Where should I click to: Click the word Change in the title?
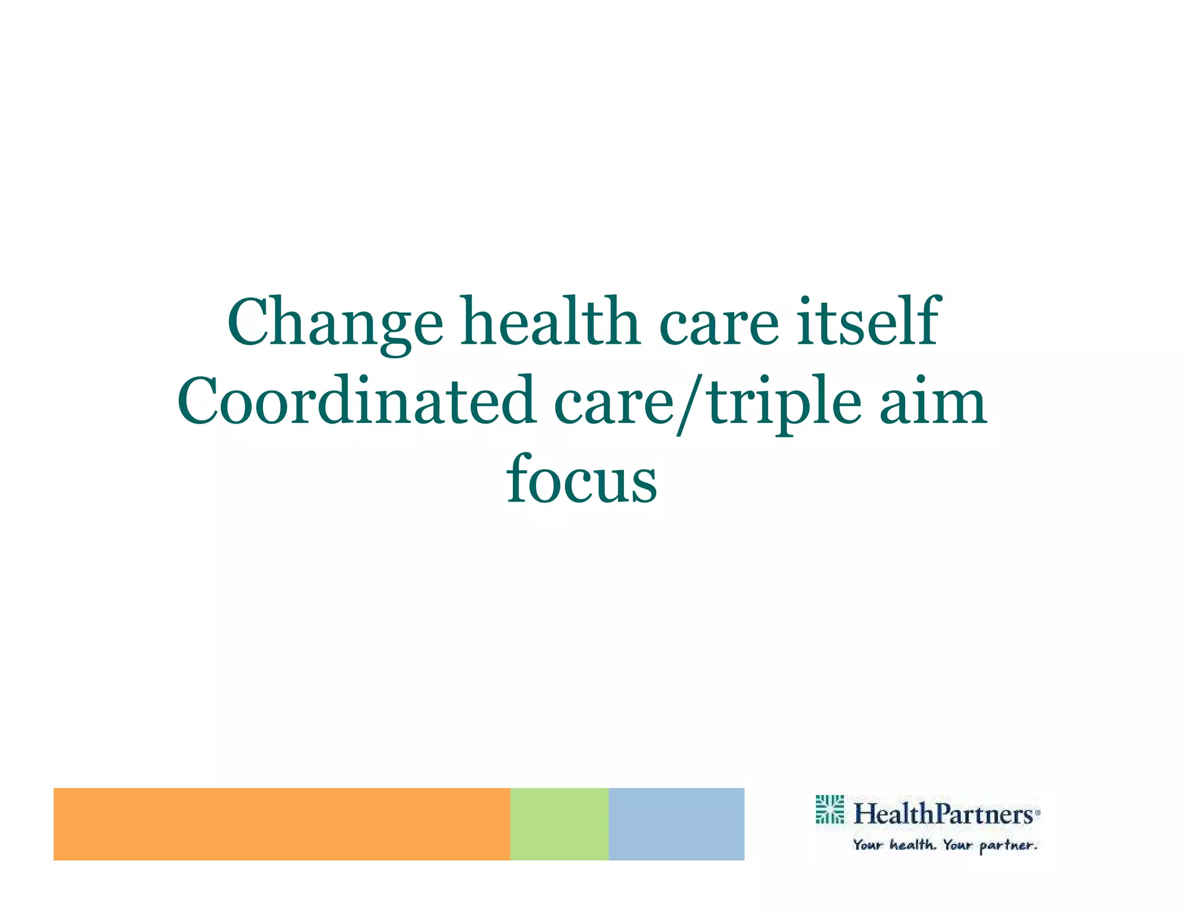335,322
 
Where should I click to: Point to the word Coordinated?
355,401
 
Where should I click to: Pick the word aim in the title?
933,401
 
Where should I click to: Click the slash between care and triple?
691,403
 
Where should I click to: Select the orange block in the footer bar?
281,824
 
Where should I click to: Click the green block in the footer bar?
559,824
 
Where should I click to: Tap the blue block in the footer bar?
676,824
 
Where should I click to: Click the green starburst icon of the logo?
829,809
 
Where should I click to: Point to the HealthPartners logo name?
943,814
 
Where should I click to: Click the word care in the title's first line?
719,322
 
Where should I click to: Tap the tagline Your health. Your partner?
945,845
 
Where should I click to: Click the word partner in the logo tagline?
1007,846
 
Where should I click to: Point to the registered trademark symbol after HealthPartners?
1037,812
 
